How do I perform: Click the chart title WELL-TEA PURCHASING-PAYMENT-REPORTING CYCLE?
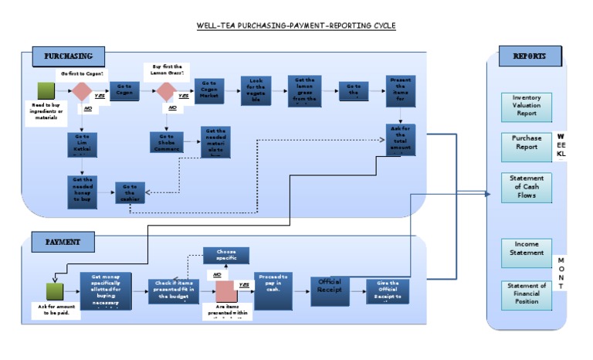(296, 25)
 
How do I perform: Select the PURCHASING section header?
(69, 56)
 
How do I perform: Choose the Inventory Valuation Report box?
(527, 106)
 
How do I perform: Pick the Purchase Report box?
(527, 141)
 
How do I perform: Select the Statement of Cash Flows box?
(527, 187)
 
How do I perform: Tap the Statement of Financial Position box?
(527, 294)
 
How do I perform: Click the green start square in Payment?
(55, 292)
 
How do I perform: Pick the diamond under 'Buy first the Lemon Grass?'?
(165, 92)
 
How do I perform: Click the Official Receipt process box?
(330, 290)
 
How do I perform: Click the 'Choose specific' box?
(226, 255)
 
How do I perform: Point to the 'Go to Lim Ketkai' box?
(80, 144)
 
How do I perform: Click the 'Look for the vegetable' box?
(256, 91)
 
